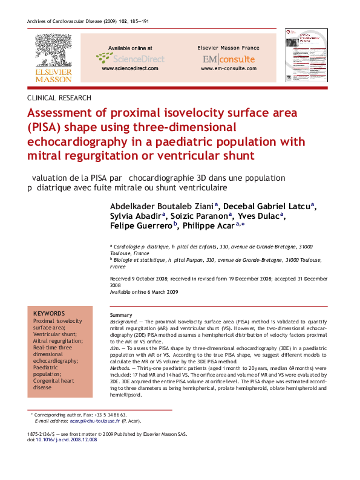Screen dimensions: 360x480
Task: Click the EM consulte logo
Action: coord(228,59)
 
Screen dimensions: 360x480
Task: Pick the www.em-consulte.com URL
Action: coord(228,69)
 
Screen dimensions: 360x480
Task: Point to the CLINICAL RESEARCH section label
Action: coord(59,97)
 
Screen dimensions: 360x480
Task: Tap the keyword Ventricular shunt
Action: coord(56,334)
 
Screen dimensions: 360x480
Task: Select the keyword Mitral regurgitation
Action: coord(59,340)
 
